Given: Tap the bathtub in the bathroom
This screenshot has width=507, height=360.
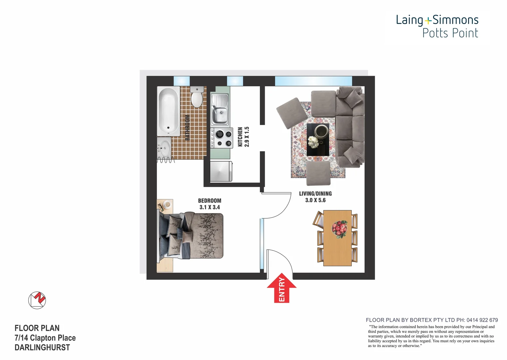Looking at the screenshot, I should tap(168, 111).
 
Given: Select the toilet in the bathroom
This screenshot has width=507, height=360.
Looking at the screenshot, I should tap(197, 97).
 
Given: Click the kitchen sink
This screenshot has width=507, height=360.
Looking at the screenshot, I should tap(220, 110).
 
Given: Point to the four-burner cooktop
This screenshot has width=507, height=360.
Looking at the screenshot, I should tap(222, 138).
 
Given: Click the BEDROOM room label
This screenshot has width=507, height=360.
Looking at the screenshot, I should tap(210, 201).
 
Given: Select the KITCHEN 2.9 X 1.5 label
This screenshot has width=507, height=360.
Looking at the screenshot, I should tap(243, 137).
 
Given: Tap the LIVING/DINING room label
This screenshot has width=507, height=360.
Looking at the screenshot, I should tap(315, 194).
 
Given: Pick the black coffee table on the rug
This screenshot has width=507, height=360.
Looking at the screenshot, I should tap(317, 139).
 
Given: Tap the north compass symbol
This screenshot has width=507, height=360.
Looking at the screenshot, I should tap(37, 300).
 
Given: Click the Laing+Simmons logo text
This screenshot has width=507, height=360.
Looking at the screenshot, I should tap(437, 20).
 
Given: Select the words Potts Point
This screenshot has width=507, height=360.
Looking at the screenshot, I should tap(450, 33).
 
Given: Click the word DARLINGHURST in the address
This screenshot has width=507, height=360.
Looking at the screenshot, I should tap(42, 348).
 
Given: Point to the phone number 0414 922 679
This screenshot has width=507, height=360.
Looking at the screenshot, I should tap(482, 320).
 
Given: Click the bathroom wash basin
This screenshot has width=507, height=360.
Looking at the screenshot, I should tap(164, 147).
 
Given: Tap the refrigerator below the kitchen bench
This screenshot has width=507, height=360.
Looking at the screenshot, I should tap(221, 171).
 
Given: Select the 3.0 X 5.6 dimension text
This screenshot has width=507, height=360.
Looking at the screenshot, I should tap(315, 200).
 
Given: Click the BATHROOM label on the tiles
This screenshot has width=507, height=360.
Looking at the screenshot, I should tap(188, 127).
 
